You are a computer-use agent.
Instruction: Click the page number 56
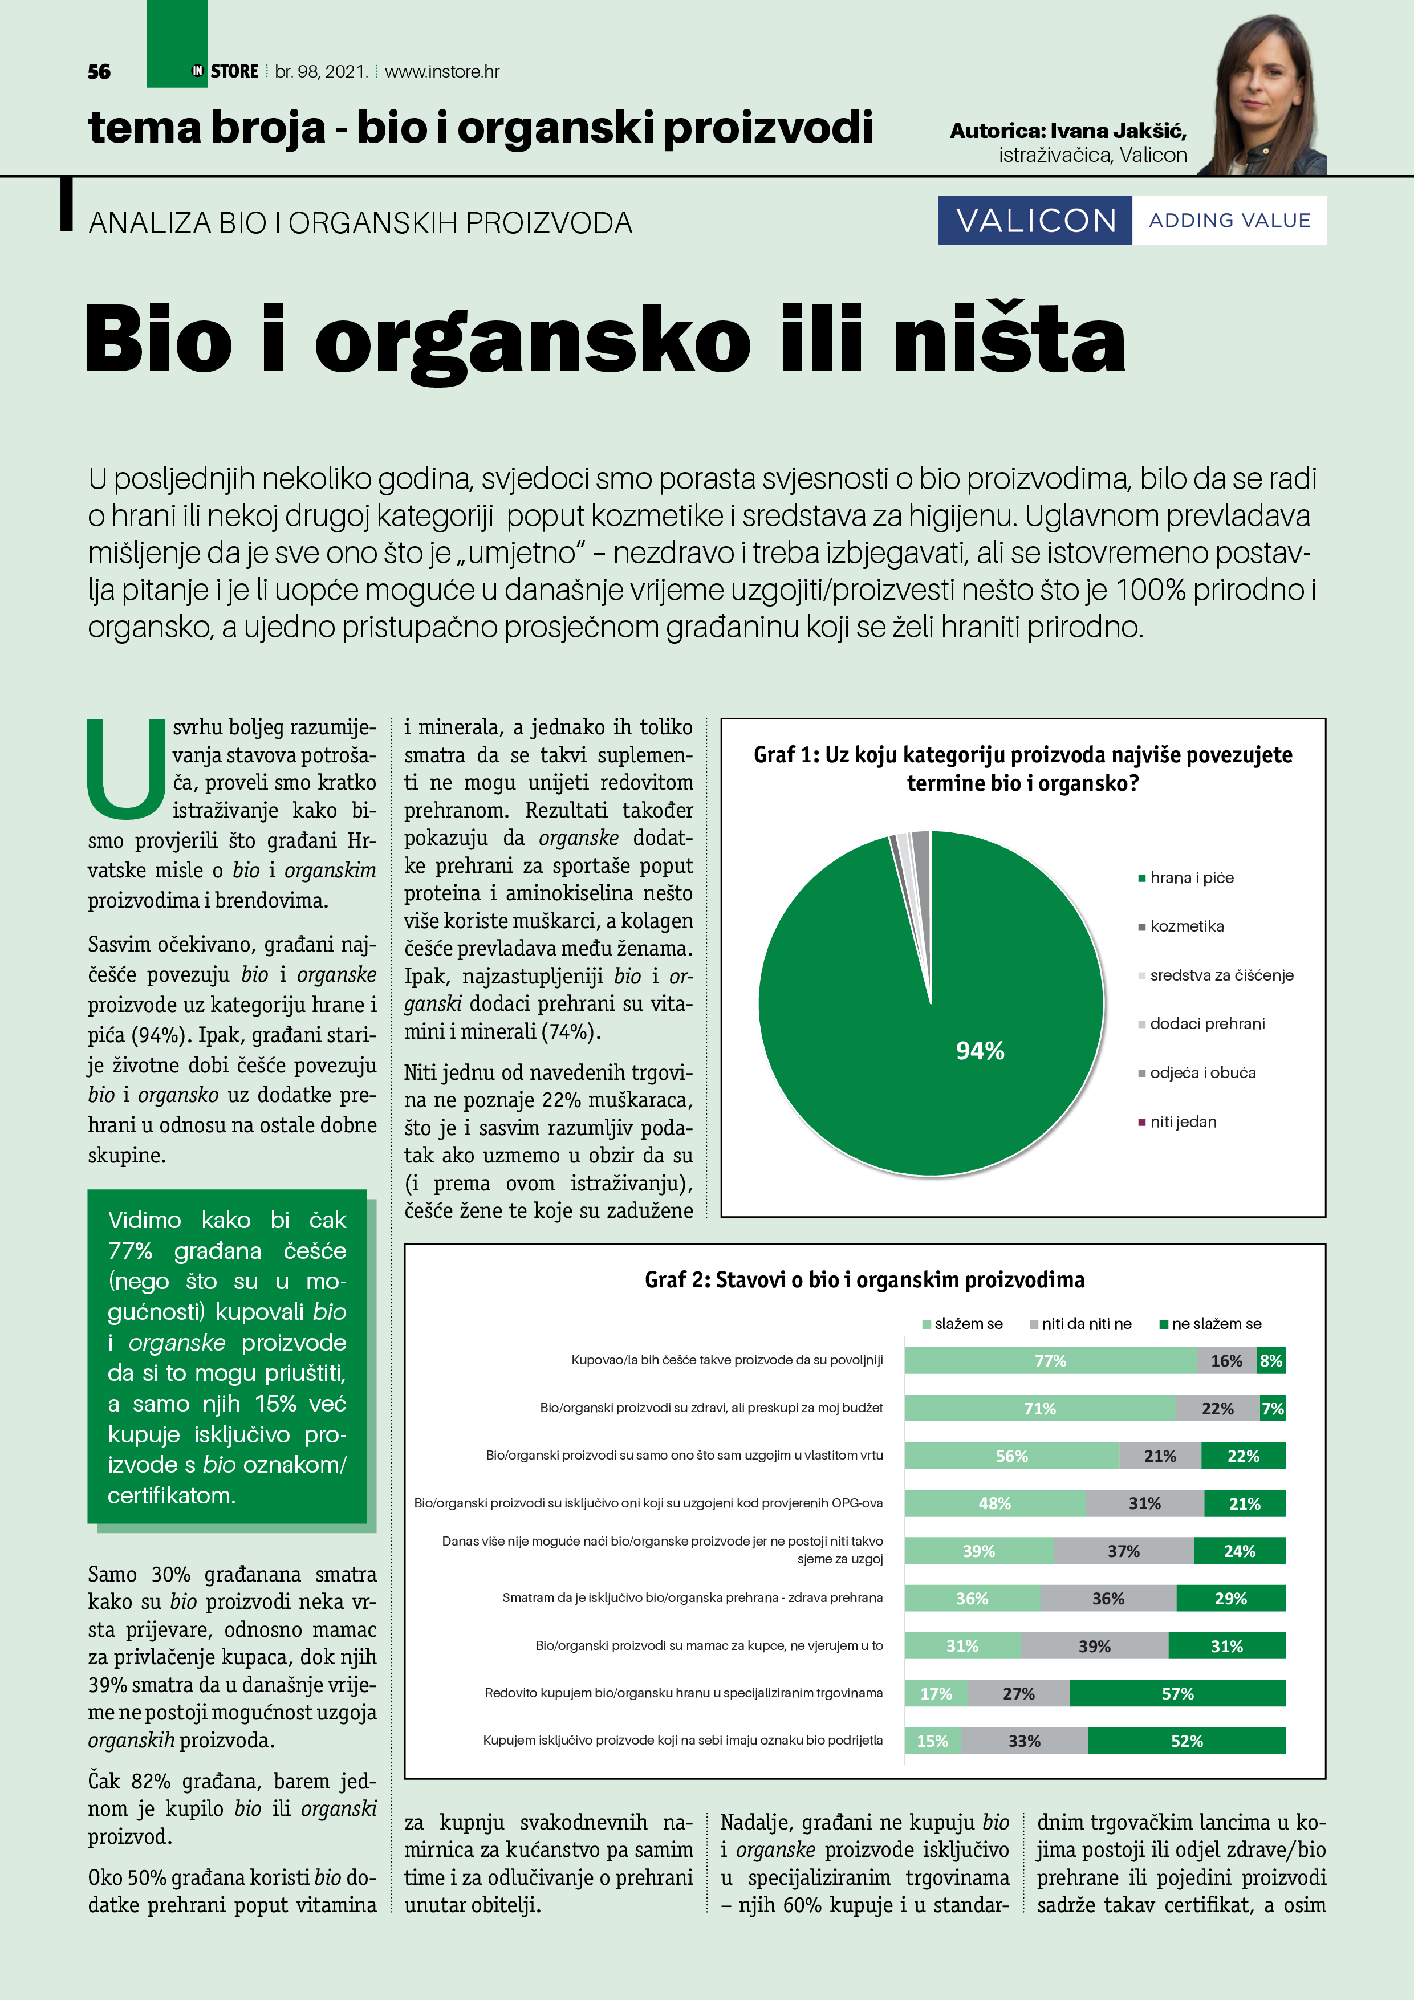click(x=99, y=71)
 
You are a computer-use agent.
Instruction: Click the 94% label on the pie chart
click(x=980, y=1051)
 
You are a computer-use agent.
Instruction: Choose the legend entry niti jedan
click(x=1183, y=1122)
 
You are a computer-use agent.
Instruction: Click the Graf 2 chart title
click(x=864, y=1279)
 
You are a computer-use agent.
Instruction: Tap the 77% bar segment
click(x=1050, y=1361)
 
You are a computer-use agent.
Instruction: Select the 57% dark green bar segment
click(x=1177, y=1693)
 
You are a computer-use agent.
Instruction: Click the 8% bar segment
click(x=1271, y=1361)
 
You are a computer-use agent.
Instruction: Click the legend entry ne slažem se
click(x=1216, y=1324)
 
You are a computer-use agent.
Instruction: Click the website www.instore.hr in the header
click(x=442, y=71)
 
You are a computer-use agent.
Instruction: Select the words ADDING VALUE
click(x=1229, y=221)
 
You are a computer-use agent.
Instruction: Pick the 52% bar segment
click(x=1187, y=1741)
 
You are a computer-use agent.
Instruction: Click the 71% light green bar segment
click(x=1039, y=1409)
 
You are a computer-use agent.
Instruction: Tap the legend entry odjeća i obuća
click(x=1202, y=1073)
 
